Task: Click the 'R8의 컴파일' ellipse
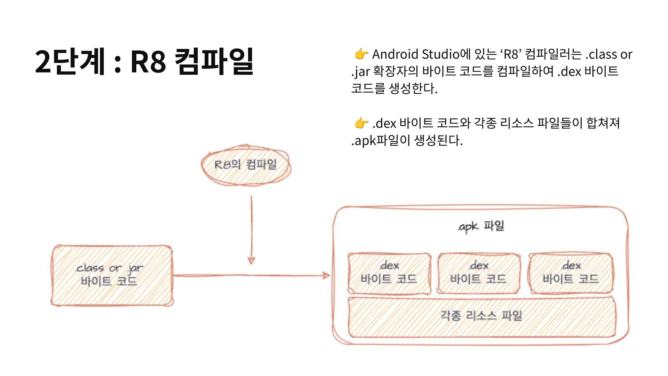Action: [x=246, y=165]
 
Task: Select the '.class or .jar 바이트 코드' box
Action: [x=111, y=275]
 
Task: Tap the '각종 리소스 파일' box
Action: [x=482, y=316]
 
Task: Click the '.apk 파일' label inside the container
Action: [x=481, y=226]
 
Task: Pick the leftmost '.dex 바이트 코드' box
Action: [x=389, y=273]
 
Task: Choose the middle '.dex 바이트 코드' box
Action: [x=478, y=273]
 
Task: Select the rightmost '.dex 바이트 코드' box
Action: [x=571, y=273]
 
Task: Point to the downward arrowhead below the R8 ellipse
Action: [x=251, y=260]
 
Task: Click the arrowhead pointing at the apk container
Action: [x=326, y=276]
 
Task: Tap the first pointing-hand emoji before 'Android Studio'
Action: [x=361, y=54]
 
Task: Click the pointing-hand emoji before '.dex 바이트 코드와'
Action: [x=361, y=123]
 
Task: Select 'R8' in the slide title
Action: [x=148, y=62]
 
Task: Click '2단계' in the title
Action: [x=70, y=62]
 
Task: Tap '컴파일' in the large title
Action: [x=214, y=62]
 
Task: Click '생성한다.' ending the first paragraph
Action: [x=413, y=88]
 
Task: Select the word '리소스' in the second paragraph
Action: [x=516, y=123]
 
